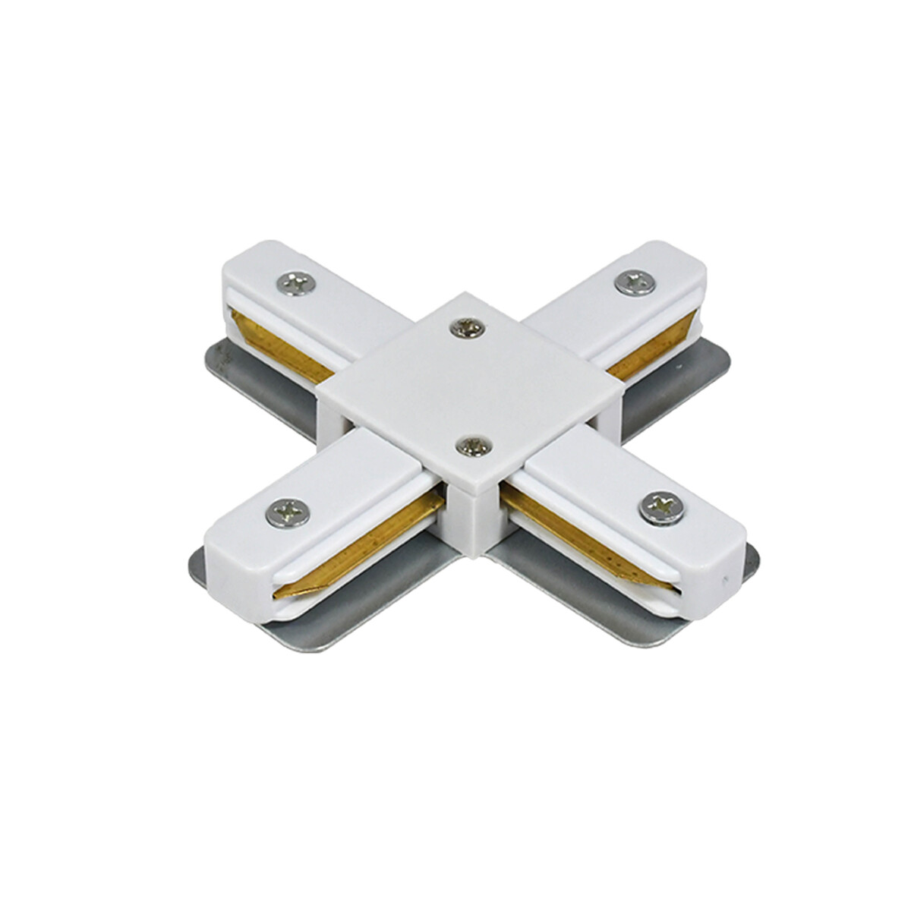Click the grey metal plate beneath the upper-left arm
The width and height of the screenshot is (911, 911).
point(251,372)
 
